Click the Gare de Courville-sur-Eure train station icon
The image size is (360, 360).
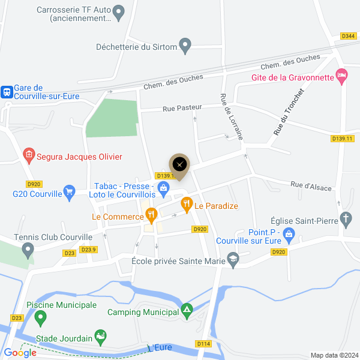pyautogui.click(x=7, y=92)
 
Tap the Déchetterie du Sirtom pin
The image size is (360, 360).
pyautogui.click(x=185, y=46)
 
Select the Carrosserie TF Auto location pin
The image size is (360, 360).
pyautogui.click(x=119, y=11)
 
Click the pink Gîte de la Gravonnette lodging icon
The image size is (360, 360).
pyautogui.click(x=341, y=76)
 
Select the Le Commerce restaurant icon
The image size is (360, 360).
pyautogui.click(x=151, y=213)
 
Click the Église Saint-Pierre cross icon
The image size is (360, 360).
pyautogui.click(x=346, y=218)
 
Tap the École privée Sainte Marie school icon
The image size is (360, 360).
pyautogui.click(x=232, y=260)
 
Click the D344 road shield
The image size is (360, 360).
pyautogui.click(x=349, y=37)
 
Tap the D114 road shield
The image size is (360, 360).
pyautogui.click(x=203, y=344)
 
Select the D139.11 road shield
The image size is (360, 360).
pyautogui.click(x=343, y=139)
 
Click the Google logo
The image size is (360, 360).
pyautogui.click(x=20, y=353)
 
